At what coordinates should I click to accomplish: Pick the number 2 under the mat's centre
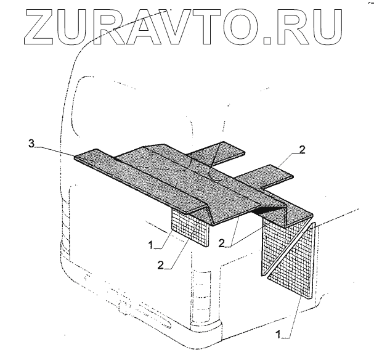[x=221, y=243]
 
